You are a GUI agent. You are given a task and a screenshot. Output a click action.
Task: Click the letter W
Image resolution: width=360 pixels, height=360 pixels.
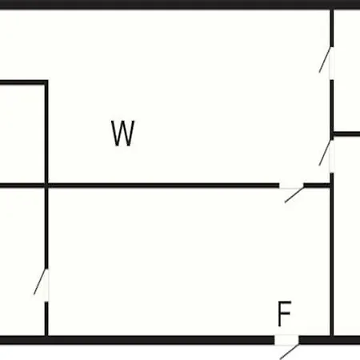point(123,133)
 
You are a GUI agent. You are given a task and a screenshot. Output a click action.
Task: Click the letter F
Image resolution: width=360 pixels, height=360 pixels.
point(284,314)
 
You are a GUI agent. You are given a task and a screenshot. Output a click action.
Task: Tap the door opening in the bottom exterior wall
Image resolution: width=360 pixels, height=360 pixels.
point(286,340)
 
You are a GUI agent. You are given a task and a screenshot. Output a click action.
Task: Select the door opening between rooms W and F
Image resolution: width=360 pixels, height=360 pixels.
point(291,186)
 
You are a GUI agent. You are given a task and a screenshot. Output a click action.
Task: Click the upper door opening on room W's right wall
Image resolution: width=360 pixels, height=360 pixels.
point(332,63)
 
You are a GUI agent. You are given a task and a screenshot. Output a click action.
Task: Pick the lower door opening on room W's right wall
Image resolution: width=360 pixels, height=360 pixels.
point(332,156)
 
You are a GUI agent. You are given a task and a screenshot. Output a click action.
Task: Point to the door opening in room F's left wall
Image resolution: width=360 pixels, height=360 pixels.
point(46,285)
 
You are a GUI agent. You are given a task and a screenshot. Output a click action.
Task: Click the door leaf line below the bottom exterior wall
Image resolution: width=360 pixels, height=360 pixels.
point(290,352)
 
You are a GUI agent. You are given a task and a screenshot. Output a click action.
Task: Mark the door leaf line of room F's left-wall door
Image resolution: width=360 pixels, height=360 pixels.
point(40,282)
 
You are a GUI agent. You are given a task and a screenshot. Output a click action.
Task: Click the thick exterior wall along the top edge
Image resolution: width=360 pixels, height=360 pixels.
point(180,5)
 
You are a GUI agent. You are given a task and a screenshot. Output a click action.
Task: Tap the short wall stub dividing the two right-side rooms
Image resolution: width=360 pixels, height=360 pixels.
point(346,134)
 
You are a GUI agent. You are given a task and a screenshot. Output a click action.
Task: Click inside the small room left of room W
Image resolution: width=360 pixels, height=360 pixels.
point(22,134)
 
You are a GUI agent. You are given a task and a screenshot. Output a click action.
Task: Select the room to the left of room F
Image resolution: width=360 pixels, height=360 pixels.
point(22,262)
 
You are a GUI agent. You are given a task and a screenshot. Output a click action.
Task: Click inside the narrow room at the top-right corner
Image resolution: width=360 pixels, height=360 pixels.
point(347,70)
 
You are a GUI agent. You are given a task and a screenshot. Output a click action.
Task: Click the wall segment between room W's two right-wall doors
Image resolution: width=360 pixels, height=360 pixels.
point(332,110)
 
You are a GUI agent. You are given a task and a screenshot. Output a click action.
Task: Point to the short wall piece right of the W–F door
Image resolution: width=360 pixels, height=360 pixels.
point(317,186)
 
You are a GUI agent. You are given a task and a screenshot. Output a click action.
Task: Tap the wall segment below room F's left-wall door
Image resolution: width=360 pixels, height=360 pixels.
point(46,318)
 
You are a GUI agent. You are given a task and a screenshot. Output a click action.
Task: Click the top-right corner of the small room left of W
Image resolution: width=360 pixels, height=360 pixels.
point(46,82)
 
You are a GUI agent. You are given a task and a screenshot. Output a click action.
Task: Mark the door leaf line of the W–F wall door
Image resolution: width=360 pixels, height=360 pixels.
point(294,194)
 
